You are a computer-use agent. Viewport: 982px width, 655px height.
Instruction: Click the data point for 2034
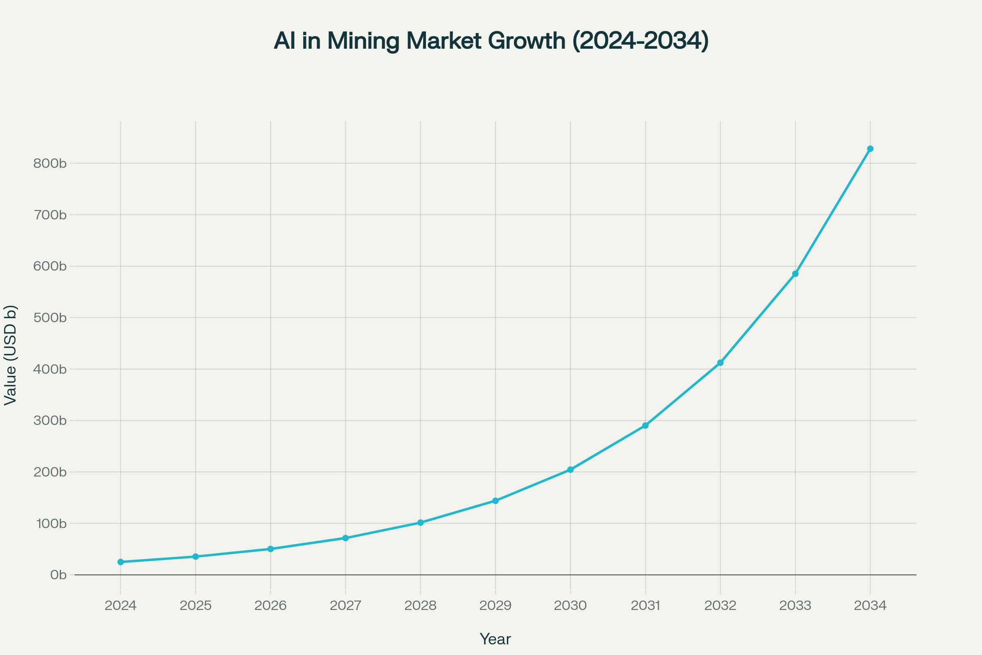pos(870,149)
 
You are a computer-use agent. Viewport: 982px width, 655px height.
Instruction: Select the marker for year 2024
pos(121,562)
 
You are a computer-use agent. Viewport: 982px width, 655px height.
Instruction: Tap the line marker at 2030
pos(570,470)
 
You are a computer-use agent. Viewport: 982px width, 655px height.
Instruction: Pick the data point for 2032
pos(720,363)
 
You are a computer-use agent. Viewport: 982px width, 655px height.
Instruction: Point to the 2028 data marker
pos(421,523)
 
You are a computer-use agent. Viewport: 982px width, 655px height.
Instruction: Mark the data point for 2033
pos(795,273)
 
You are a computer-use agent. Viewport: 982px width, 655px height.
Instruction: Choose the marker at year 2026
pos(270,549)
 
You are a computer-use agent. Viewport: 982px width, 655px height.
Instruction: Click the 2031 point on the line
pos(646,425)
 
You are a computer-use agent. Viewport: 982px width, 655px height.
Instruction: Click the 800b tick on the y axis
pos(50,163)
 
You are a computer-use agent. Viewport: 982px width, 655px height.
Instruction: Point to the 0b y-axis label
pos(59,575)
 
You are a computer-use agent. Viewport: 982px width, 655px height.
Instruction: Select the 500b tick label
pos(50,318)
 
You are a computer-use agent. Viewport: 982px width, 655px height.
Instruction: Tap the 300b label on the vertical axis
pos(50,421)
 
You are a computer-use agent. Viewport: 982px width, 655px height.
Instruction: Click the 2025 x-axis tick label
pos(196,606)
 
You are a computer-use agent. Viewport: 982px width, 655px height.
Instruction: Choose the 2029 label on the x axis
pos(496,606)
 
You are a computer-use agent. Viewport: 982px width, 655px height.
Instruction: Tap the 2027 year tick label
pos(345,606)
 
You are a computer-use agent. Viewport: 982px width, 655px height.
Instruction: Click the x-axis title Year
pos(495,639)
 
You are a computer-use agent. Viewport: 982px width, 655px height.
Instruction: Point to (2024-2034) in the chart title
pos(640,41)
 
